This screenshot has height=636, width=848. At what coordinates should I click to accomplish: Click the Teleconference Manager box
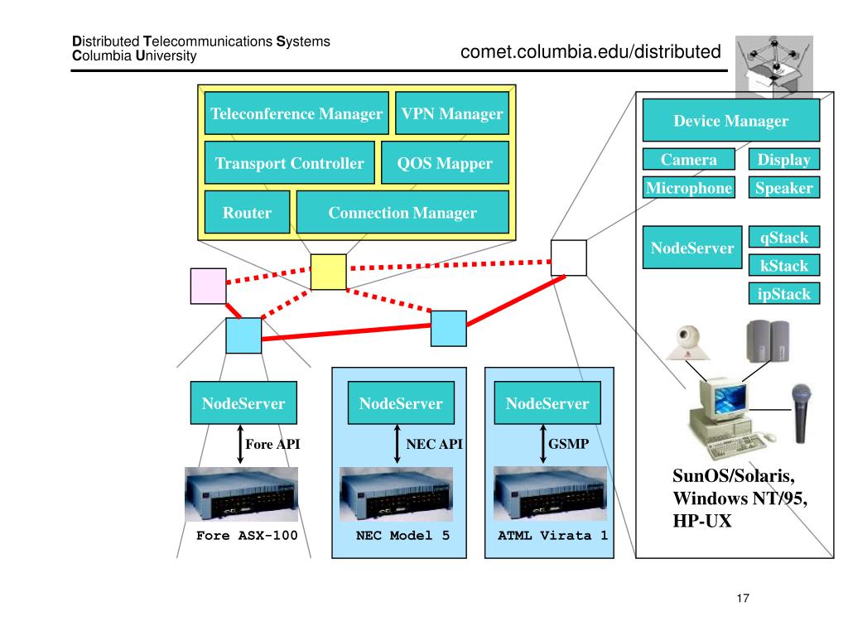296,113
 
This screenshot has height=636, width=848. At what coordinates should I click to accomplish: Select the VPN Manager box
451,113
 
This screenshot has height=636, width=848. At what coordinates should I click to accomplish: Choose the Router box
247,213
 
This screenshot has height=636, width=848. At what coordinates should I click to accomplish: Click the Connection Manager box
402,213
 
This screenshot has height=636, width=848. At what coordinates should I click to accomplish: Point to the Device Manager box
730,121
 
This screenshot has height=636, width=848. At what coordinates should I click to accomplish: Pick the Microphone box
689,188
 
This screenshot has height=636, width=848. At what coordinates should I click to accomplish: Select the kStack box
783,266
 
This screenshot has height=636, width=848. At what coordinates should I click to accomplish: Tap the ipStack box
783,293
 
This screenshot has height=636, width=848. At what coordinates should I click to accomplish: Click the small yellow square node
329,272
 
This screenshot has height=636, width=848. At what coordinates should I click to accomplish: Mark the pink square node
208,286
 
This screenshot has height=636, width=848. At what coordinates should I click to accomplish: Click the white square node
569,258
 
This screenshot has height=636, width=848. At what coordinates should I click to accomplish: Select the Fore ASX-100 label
247,535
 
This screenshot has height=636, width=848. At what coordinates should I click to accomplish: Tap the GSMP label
568,444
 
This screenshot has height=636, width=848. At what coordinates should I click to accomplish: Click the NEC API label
434,444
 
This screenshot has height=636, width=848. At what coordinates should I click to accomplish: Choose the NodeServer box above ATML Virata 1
547,403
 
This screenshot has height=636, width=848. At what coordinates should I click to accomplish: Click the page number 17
742,599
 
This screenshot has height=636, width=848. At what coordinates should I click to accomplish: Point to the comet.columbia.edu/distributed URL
591,52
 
